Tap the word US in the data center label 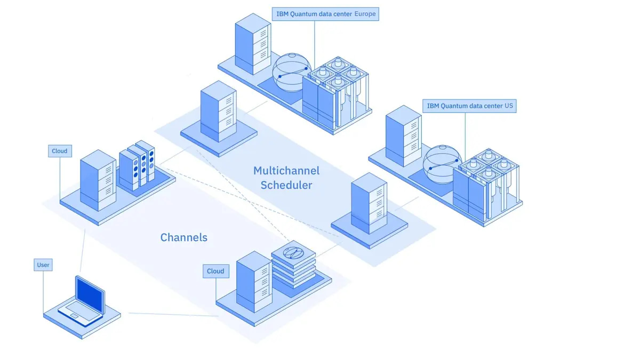(509, 106)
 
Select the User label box (43, 265)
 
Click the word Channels (183, 237)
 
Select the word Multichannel (286, 171)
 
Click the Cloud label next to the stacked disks (215, 271)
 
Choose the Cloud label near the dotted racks (60, 151)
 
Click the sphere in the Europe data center (291, 73)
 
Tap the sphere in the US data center (441, 163)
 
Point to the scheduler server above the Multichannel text (218, 111)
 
